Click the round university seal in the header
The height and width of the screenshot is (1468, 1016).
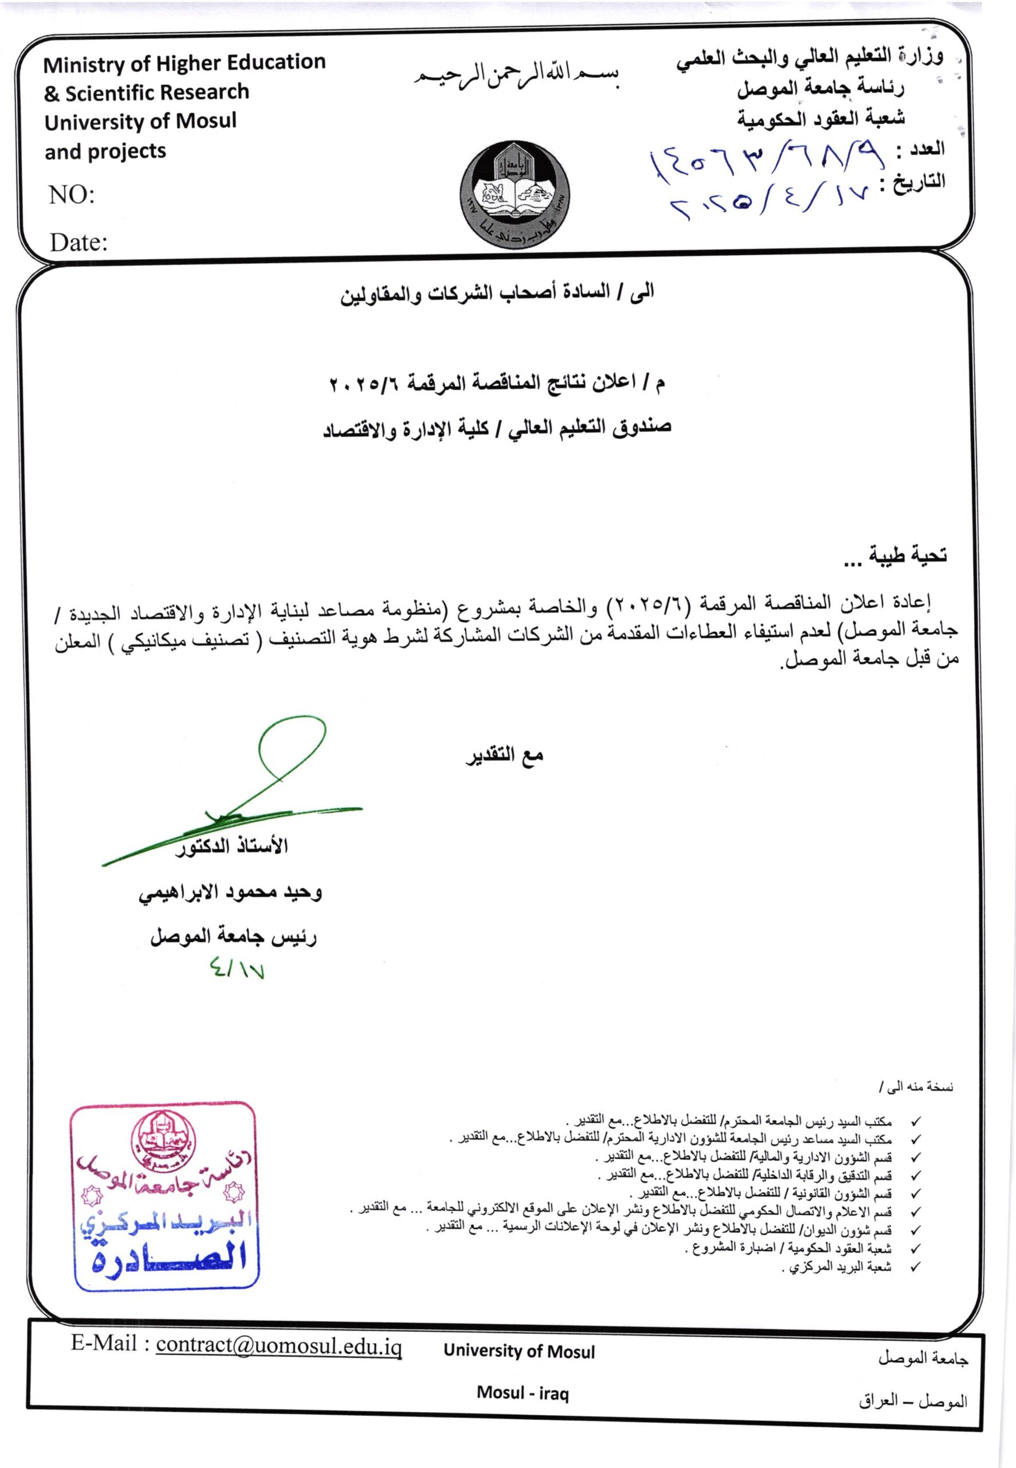pos(515,197)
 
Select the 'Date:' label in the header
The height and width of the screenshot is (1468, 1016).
pos(79,242)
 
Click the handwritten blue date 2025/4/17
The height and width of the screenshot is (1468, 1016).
pos(770,202)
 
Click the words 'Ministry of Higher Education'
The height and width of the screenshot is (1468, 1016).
pos(185,63)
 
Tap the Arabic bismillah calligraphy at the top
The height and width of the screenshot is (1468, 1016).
pos(518,76)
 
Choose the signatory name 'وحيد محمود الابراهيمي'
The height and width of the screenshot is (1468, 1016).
pos(230,893)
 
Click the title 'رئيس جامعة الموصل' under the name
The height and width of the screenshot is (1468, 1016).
pos(234,937)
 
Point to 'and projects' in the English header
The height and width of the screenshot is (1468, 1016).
pos(105,151)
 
